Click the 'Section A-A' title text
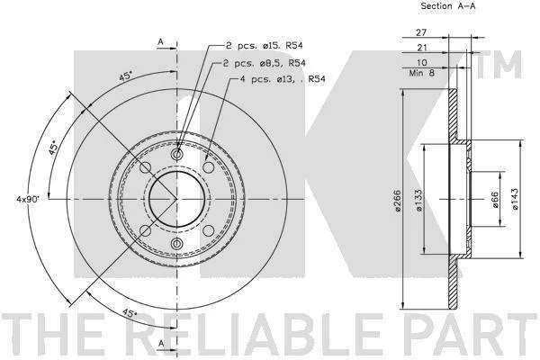447,6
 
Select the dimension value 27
421,32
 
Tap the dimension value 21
422,48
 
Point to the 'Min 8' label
422,73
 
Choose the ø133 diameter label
418,200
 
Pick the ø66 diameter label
495,200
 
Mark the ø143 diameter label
515,200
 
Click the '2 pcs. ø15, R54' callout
264,46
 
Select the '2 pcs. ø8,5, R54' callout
264,63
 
